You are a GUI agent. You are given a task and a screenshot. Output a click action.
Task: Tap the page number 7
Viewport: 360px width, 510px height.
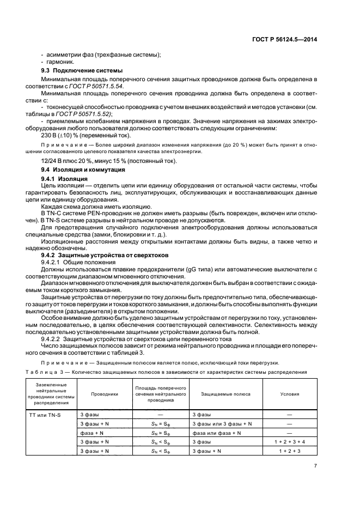315,465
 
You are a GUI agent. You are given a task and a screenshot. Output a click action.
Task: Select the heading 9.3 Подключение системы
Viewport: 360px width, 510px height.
82,71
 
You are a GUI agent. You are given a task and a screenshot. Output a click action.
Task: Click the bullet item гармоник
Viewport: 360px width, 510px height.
59,62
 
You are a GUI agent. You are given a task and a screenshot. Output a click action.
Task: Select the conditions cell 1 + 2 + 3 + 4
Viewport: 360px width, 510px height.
290,442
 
